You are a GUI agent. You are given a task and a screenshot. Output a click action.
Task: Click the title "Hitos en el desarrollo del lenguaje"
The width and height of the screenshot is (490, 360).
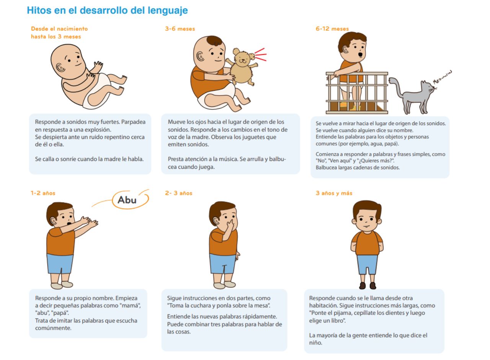coord(107,10)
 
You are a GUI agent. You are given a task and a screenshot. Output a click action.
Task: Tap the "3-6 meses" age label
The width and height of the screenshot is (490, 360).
coord(180,29)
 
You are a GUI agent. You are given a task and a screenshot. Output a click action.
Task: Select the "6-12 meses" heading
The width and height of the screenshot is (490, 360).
coord(332,29)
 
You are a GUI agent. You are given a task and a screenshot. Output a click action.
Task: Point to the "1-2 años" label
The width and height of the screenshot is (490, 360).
coord(43,193)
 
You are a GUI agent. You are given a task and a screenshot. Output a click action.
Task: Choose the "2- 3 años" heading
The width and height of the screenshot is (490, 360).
coord(178,193)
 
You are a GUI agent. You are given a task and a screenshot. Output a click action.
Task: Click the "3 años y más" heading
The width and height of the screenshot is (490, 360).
coord(334,193)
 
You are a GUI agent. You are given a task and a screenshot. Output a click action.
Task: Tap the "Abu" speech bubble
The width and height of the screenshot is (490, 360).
coord(131,200)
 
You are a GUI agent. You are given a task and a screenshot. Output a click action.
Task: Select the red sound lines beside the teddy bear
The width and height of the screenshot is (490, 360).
coord(261,54)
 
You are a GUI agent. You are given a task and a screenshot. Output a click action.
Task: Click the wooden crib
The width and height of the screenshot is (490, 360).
coord(357,93)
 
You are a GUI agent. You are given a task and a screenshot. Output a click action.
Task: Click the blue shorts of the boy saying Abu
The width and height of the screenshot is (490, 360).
coord(60,263)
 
